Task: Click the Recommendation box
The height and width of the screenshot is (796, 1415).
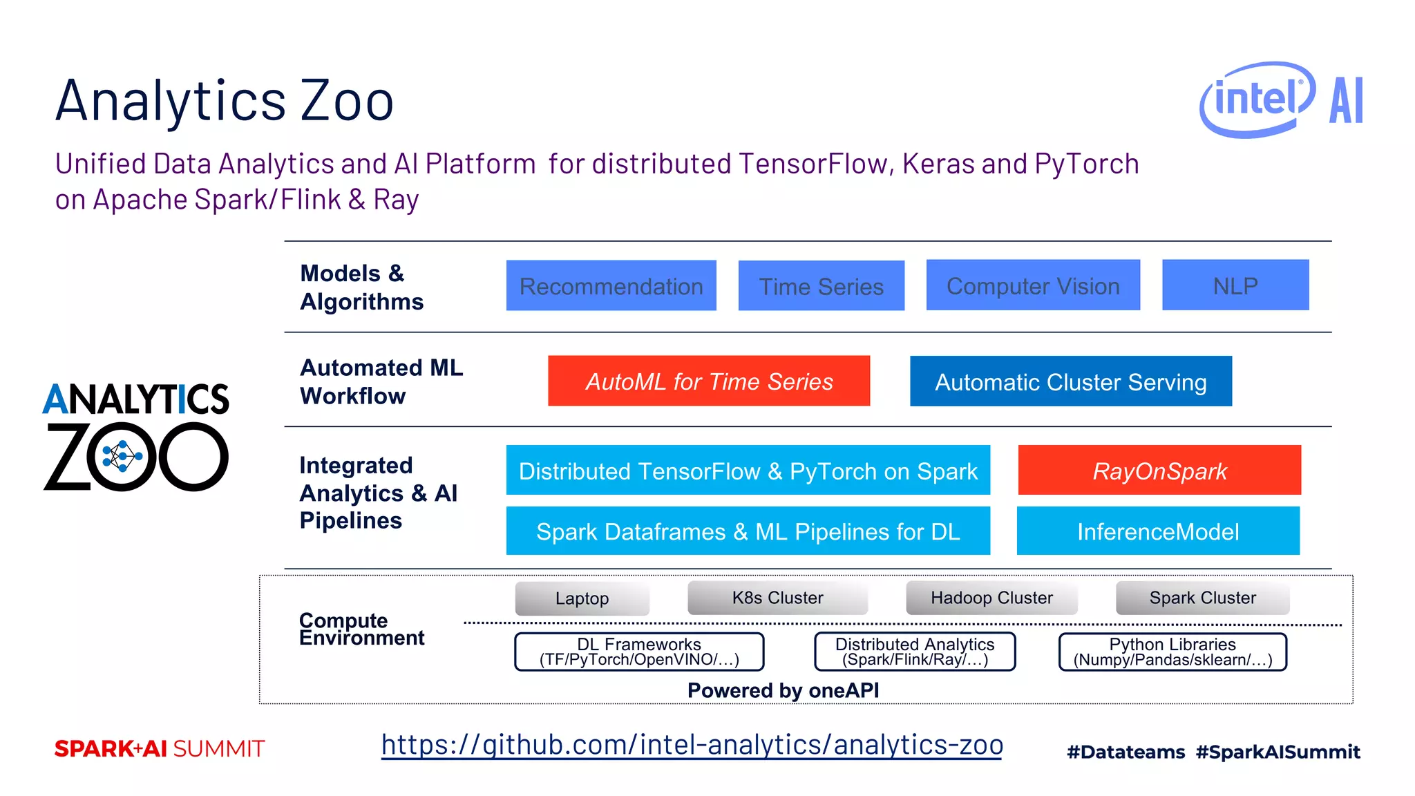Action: (x=611, y=285)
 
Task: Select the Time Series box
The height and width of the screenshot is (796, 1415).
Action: (x=821, y=285)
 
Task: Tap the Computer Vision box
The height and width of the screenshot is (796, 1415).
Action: (x=1032, y=285)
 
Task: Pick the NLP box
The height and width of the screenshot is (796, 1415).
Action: (x=1235, y=285)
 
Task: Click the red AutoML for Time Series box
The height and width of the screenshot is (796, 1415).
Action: (x=708, y=381)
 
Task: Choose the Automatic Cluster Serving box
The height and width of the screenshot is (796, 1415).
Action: (x=1070, y=381)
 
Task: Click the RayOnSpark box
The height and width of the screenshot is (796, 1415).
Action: (x=1159, y=470)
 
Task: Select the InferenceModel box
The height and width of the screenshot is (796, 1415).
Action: (x=1157, y=531)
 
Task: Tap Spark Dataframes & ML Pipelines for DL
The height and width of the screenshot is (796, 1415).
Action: (x=748, y=531)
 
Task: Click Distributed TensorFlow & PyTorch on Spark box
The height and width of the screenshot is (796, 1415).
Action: (x=748, y=470)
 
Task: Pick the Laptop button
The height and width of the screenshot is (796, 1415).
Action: (x=582, y=598)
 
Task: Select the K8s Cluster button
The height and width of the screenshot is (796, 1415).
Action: (x=777, y=598)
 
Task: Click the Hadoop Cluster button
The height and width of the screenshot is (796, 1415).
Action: (x=991, y=598)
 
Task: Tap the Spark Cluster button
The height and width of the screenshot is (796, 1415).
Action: (x=1202, y=598)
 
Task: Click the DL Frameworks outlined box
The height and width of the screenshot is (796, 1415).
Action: (x=639, y=652)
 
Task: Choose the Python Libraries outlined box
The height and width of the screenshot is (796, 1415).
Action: (x=1172, y=652)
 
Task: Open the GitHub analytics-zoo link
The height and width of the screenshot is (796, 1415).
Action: (x=692, y=745)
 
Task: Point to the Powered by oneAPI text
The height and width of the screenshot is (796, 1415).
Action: (x=783, y=690)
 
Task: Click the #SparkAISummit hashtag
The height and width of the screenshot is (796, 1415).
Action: (x=1278, y=752)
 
